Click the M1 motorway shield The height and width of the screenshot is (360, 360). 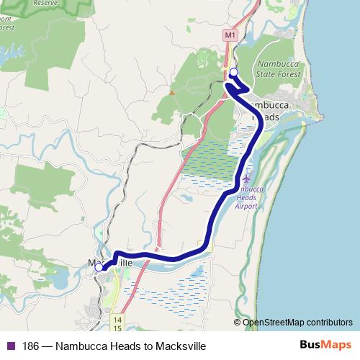click(x=230, y=34)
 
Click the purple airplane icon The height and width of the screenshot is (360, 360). click(x=248, y=177)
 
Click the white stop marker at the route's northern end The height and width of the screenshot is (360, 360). click(x=233, y=72)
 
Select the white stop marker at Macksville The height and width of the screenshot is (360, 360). click(x=99, y=267)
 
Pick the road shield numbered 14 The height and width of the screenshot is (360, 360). click(x=117, y=318)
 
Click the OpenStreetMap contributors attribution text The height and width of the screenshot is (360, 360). click(x=297, y=323)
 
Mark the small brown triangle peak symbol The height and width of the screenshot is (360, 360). click(x=171, y=92)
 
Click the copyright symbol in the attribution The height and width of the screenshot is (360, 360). click(x=238, y=323)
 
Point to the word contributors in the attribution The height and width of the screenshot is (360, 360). click(x=328, y=323)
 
